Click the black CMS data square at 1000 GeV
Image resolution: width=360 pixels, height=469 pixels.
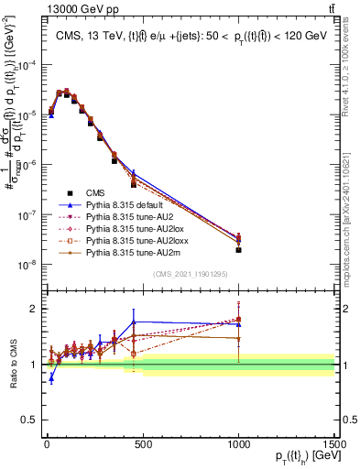pyautogui.click(x=238, y=250)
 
